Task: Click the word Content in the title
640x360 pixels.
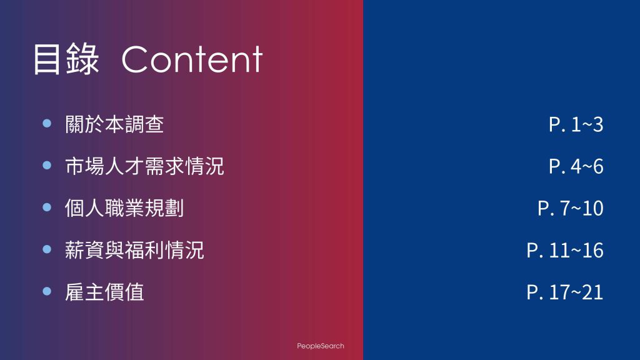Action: (192, 59)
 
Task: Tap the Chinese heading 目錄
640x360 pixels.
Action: (66, 59)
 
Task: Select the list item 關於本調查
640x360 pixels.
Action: (114, 124)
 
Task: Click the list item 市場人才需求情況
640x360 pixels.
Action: (144, 166)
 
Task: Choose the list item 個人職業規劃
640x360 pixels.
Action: (124, 208)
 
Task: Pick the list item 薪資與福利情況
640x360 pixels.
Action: (134, 250)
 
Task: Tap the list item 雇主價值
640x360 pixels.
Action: (104, 292)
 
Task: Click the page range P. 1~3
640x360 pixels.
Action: (576, 124)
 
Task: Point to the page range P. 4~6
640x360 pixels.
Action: (576, 166)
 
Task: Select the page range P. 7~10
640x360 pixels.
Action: (571, 208)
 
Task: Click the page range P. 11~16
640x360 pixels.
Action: (565, 250)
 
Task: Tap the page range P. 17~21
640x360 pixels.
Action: (565, 292)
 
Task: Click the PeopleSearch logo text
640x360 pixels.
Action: (321, 346)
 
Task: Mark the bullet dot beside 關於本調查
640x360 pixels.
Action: (47, 123)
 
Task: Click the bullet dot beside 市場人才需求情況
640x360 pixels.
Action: (47, 165)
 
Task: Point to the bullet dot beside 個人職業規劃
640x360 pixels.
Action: (47, 207)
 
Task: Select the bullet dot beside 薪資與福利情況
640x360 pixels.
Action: (47, 249)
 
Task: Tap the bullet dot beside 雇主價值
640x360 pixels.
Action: (47, 291)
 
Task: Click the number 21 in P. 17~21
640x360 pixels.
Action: (592, 292)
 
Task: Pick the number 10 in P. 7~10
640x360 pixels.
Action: (592, 209)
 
